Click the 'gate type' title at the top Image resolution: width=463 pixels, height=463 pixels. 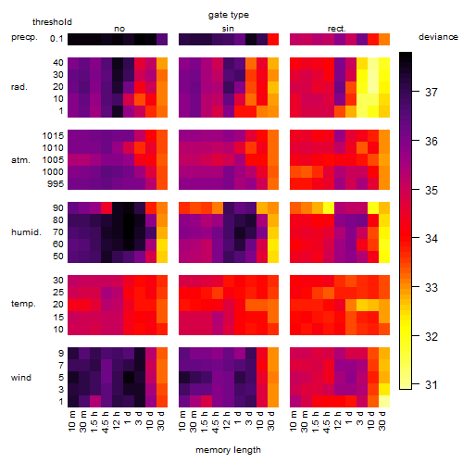coord(229,15)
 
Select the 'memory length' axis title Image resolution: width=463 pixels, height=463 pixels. coord(228,450)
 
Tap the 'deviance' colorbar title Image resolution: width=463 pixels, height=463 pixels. coord(438,37)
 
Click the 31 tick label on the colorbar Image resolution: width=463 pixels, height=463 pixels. coord(432,385)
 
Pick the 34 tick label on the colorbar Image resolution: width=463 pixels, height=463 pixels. coord(432,238)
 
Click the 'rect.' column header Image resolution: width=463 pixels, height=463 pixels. coord(336,29)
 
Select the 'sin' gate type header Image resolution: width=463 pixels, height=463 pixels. coord(228,29)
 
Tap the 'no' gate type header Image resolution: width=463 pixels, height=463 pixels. coord(119,29)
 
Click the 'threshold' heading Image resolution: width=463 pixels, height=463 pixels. coord(52,22)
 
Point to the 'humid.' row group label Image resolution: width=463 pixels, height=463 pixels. coord(26,232)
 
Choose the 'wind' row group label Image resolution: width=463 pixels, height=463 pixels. coord(21,378)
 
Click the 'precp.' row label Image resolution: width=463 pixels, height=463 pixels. coord(24,37)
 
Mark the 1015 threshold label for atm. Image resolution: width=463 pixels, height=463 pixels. coord(53,136)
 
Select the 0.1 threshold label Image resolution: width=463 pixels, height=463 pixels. coord(56,39)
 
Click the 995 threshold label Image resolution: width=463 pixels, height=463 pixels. coord(56,184)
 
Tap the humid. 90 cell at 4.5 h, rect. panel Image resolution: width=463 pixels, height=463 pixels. coord(329,207)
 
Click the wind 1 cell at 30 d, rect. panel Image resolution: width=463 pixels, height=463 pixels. coord(384,401)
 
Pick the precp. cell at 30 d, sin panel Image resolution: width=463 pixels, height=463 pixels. coord(273,39)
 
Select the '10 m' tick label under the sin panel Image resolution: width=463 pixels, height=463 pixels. coord(183,420)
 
